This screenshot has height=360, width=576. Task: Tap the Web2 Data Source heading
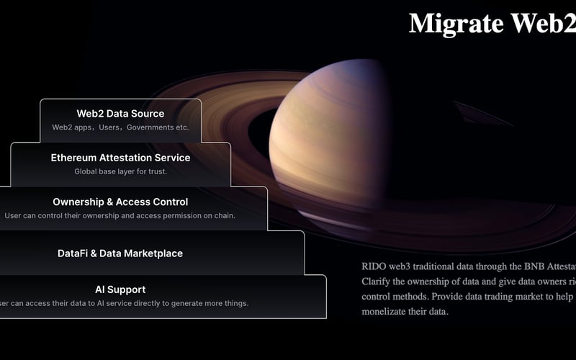point(120,114)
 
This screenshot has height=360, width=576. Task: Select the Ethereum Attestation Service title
point(120,158)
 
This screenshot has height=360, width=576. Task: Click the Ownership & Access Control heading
point(120,202)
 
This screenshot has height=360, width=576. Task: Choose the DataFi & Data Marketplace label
point(120,253)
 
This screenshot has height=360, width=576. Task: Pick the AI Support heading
point(120,289)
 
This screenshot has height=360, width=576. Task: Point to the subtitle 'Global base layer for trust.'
point(120,171)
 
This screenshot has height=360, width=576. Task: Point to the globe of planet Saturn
point(338,137)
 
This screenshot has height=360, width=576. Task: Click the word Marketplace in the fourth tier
point(152,253)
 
